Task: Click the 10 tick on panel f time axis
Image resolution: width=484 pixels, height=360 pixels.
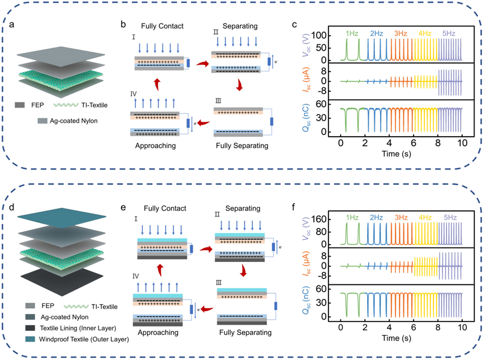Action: [462, 325]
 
